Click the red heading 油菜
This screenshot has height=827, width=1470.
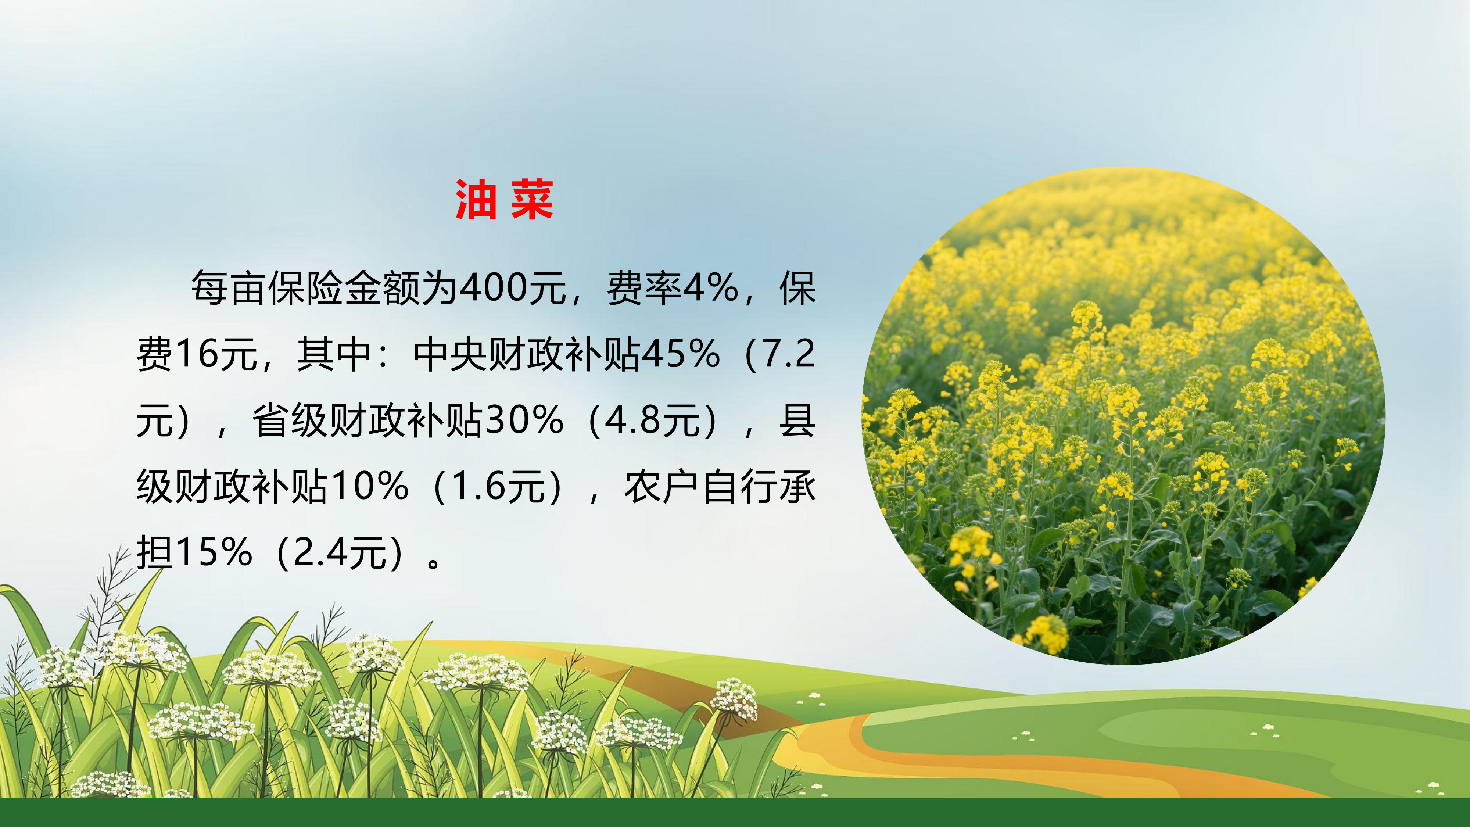click(504, 199)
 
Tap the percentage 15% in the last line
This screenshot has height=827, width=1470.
click(214, 552)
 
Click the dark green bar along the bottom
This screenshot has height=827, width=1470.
click(735, 812)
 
